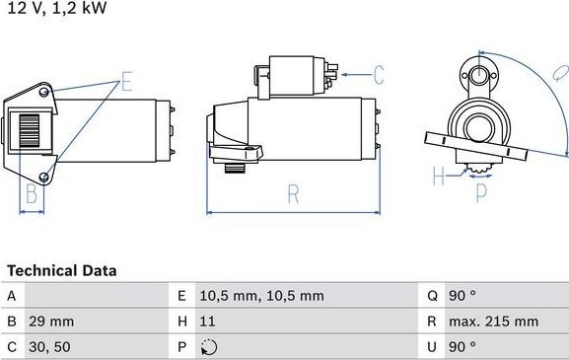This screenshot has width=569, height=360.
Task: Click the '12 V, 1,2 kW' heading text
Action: click(55, 9)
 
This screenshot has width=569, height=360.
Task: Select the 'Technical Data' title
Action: click(62, 270)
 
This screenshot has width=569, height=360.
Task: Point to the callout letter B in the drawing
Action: click(32, 193)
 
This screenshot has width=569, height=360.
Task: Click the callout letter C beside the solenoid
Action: click(378, 72)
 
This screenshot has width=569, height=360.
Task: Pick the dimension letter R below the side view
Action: click(293, 194)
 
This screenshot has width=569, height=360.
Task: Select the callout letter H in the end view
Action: click(439, 179)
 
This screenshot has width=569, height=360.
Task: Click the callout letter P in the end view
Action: click(481, 193)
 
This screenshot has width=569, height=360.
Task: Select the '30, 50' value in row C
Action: click(48, 346)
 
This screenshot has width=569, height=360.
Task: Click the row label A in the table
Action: click(11, 295)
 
